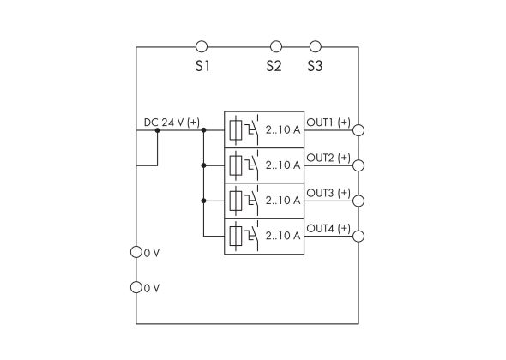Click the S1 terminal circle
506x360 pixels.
coord(202,46)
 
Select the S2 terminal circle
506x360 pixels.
coord(275,46)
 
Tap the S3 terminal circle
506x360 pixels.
coord(315,46)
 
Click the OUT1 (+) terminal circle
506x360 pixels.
coord(358,130)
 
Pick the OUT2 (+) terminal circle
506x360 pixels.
coord(358,166)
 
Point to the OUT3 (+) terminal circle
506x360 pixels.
coord(358,201)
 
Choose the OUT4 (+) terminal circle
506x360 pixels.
coord(358,237)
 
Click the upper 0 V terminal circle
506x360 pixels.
coord(136,253)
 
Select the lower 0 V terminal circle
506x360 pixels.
coord(136,287)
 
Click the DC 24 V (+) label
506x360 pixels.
coord(171,123)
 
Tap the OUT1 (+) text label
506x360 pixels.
coord(328,122)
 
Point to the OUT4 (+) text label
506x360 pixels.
coord(328,228)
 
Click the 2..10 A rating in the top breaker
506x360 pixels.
coord(282,129)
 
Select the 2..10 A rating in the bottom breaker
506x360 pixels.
coord(282,236)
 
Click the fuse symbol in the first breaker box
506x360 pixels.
coord(237,129)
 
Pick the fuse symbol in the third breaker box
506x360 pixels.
coord(237,201)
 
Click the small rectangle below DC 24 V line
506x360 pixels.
coord(147,147)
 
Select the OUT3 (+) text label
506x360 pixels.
coord(328,193)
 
